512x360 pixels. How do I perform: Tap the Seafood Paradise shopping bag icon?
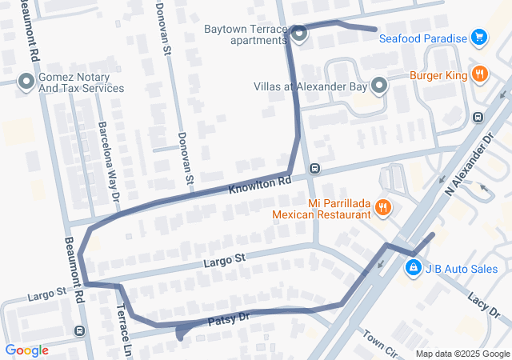(x=478, y=38)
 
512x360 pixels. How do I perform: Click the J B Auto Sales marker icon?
(x=413, y=269)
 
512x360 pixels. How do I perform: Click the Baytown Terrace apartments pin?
(x=298, y=34)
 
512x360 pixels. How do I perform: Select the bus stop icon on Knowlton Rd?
(x=315, y=169)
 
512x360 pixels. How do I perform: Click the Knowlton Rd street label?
(x=259, y=186)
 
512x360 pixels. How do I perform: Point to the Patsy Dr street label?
(x=230, y=319)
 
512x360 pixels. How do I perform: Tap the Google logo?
(x=26, y=350)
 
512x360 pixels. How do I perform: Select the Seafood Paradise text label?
(x=422, y=38)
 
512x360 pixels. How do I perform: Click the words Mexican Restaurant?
(x=322, y=214)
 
